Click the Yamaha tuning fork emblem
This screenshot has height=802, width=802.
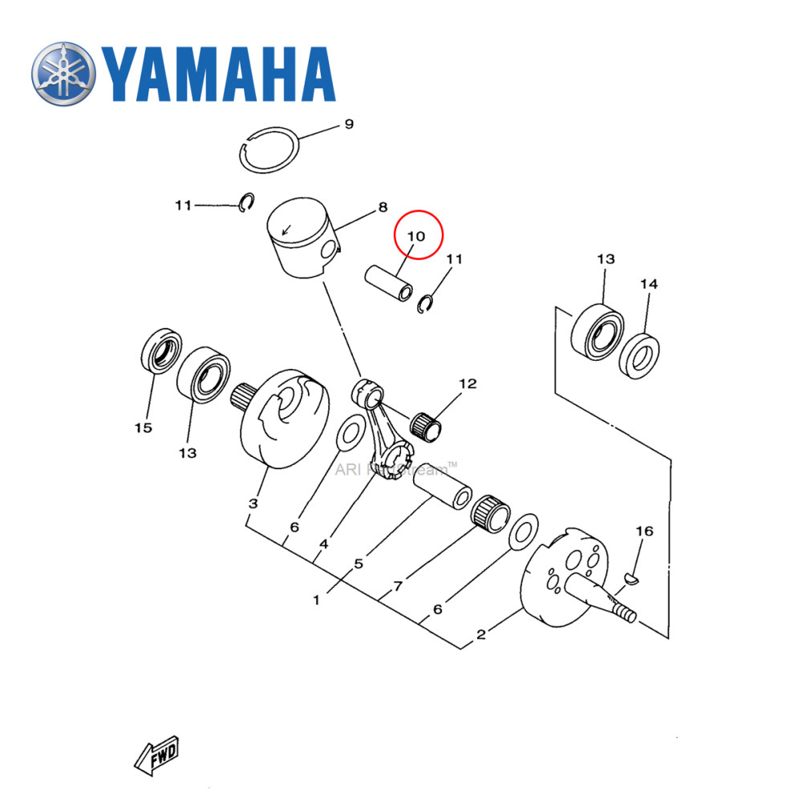tap(64, 75)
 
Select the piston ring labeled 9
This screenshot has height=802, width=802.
tap(271, 149)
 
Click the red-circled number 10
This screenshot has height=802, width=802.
tap(415, 236)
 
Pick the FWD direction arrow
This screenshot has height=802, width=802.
tap(156, 755)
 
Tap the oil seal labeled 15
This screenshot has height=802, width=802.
tap(160, 350)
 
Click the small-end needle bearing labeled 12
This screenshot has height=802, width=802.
tap(428, 424)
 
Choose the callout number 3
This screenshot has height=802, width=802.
tap(253, 504)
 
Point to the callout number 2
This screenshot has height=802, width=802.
tap(481, 635)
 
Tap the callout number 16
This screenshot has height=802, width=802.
tap(644, 531)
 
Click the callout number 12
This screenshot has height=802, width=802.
tap(468, 384)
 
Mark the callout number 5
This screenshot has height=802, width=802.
tap(358, 563)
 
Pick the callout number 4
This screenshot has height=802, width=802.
tap(323, 545)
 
